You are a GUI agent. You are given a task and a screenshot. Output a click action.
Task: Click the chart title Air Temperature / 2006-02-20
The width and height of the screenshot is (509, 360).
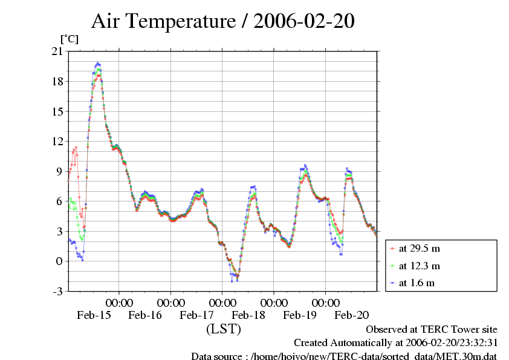tap(222, 21)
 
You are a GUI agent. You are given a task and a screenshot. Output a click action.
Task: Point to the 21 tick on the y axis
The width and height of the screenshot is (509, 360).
tap(57, 51)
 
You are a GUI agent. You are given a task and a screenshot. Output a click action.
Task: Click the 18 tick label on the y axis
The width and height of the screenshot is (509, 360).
tap(57, 82)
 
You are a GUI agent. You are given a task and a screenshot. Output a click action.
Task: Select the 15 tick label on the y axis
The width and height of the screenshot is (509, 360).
tap(57, 111)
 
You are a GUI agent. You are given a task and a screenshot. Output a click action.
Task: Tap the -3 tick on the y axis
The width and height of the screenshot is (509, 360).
tap(57, 291)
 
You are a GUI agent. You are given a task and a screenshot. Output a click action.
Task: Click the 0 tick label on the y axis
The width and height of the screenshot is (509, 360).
tap(59, 261)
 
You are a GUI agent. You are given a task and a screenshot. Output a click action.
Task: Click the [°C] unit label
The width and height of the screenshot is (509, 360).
tap(69, 39)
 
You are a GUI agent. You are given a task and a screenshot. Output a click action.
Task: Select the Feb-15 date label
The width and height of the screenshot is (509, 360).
tap(94, 315)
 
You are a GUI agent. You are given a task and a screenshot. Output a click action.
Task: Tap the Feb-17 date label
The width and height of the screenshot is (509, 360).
tap(197, 315)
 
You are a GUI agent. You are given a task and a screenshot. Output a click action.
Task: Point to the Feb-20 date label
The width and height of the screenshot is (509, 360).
tap(352, 315)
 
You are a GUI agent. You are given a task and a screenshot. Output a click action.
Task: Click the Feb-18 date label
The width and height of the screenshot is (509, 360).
tap(248, 315)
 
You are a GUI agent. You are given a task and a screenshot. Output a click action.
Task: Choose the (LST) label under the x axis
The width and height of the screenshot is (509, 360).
tap(224, 330)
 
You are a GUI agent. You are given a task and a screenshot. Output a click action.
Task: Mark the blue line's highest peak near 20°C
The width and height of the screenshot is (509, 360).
tap(98, 63)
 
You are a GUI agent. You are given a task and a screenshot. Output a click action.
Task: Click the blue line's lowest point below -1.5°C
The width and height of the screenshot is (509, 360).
tap(231, 281)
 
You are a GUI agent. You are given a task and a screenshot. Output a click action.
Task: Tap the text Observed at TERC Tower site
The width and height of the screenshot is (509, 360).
tap(432, 330)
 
